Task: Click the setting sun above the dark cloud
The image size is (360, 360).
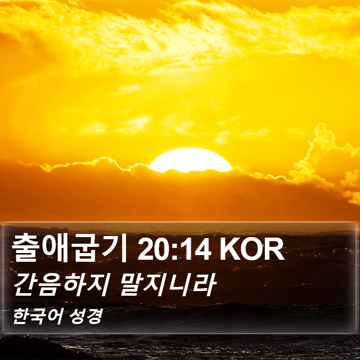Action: tap(190, 160)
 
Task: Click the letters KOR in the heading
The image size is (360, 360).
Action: tap(252, 249)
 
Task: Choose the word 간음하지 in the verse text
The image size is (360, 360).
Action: tap(60, 285)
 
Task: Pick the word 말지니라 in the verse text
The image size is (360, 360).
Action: tap(168, 285)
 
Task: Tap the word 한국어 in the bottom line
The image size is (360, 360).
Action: tap(38, 317)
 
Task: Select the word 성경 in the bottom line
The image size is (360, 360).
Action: tap(86, 317)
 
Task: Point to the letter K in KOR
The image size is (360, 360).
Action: tap(229, 249)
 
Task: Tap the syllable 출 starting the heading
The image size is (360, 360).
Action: tap(25, 249)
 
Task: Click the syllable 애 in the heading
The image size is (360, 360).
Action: tap(55, 249)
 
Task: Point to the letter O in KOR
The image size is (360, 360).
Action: tap(252, 249)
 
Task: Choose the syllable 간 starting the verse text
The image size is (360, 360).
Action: tap(26, 285)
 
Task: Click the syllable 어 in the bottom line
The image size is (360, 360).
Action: tap(56, 317)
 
